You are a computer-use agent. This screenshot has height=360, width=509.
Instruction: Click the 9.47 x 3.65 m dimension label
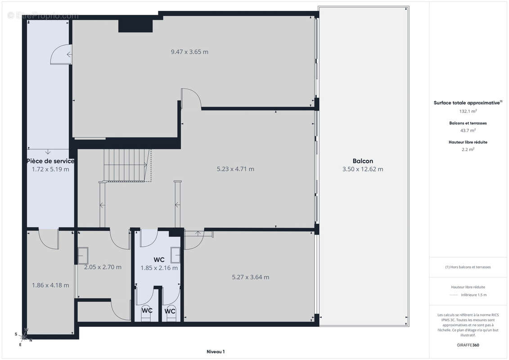tap(189, 52)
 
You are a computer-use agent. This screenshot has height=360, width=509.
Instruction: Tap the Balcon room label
tap(363, 161)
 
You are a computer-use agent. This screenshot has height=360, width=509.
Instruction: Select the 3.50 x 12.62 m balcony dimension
tap(363, 169)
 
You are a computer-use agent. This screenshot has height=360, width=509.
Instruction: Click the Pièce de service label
tap(50, 161)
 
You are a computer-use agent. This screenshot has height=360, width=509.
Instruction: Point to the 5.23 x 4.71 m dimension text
tap(235, 169)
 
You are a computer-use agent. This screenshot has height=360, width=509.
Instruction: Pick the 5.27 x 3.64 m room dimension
tap(250, 277)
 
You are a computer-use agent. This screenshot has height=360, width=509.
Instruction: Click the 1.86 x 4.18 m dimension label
tap(50, 285)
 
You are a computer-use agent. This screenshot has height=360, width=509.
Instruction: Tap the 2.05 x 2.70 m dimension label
tap(103, 267)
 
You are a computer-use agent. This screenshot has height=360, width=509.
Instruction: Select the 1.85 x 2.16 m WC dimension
tap(159, 268)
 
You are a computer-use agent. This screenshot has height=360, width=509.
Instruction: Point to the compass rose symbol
tap(23, 337)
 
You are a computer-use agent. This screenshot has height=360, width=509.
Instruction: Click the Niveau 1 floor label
tap(216, 351)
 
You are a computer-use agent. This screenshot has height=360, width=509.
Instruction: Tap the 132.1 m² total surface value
tap(468, 111)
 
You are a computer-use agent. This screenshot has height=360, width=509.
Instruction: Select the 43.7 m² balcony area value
tap(468, 130)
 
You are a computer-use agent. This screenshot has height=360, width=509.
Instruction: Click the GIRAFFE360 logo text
tap(468, 345)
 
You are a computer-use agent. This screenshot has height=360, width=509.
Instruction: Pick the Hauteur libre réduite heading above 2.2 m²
tap(468, 142)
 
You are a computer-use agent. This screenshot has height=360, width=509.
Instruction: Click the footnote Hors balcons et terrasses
tap(468, 267)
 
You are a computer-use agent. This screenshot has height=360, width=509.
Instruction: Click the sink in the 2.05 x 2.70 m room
tap(83, 256)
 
